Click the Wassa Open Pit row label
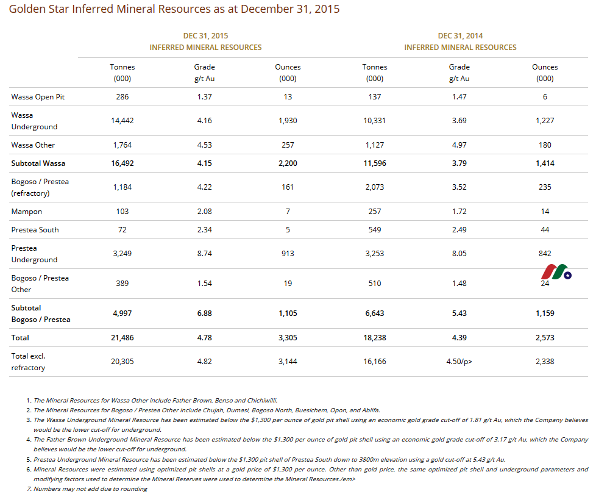(x=38, y=96)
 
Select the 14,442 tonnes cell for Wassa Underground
(x=122, y=121)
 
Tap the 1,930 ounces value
(x=288, y=121)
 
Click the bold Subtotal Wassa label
(x=38, y=163)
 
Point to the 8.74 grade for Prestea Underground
(x=205, y=253)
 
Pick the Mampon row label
(x=27, y=212)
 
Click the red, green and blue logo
(x=556, y=272)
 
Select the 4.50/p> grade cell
(x=459, y=361)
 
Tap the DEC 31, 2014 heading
(x=460, y=36)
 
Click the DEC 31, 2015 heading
(x=205, y=36)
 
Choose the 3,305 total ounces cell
(x=288, y=338)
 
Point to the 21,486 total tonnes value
(x=122, y=338)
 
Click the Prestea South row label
(x=35, y=230)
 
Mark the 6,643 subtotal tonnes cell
(x=375, y=313)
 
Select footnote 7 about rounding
(x=87, y=489)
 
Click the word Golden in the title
(x=27, y=9)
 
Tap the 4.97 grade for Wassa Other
(x=459, y=145)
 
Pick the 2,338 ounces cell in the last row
(x=545, y=361)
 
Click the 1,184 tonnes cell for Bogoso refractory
(x=122, y=187)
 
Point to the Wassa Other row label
(x=33, y=145)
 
